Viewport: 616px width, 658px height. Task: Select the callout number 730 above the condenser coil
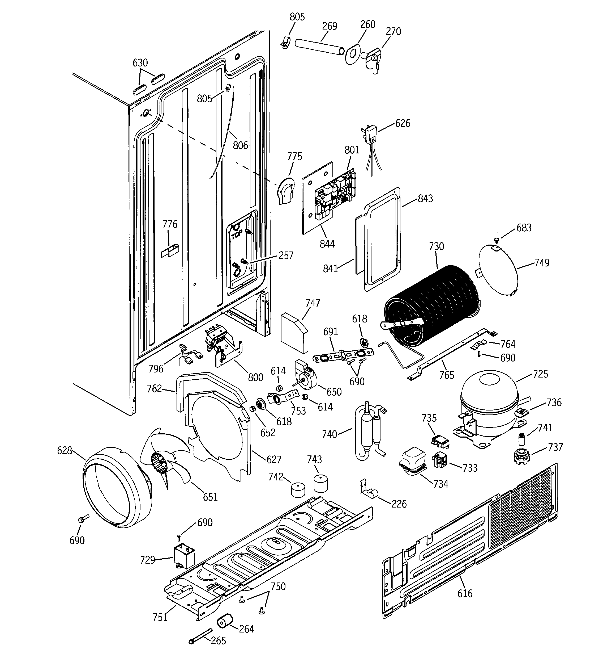coord(436,246)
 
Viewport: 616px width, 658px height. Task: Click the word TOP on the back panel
coord(237,236)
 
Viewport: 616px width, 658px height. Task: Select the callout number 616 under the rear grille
coord(465,593)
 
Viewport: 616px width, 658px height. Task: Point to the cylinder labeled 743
coord(320,484)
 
